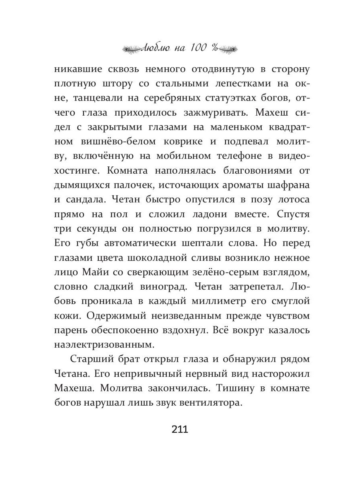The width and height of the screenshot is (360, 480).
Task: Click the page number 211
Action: point(180,430)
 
